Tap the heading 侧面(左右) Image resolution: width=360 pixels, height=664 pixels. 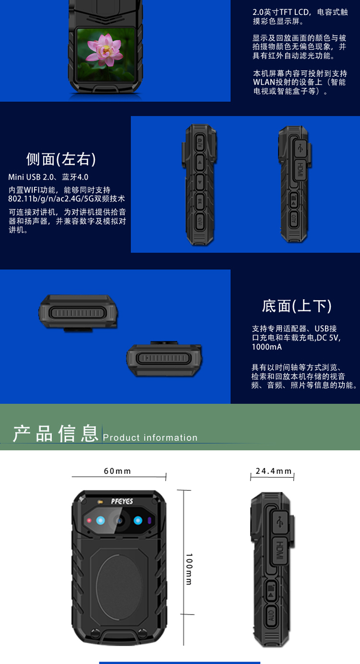(61, 159)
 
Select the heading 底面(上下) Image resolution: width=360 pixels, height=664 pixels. (297, 306)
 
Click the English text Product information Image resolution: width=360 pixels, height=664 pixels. (150, 438)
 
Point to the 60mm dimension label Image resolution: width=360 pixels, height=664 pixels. (117, 471)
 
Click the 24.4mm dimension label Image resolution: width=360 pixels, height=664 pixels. (274, 471)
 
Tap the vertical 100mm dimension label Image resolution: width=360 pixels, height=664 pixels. (189, 569)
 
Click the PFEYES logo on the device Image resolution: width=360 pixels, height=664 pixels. (122, 501)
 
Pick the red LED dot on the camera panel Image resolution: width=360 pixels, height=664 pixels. (89, 520)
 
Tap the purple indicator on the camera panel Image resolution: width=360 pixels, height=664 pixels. (149, 520)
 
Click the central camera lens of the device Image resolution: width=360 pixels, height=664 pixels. (119, 520)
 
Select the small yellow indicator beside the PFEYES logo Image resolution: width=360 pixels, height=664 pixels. (100, 502)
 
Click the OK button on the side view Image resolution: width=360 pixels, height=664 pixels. (200, 201)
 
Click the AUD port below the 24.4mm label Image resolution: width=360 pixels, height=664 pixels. (271, 616)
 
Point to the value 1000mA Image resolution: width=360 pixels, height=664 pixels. (267, 347)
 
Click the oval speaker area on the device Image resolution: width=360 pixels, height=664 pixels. (119, 587)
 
